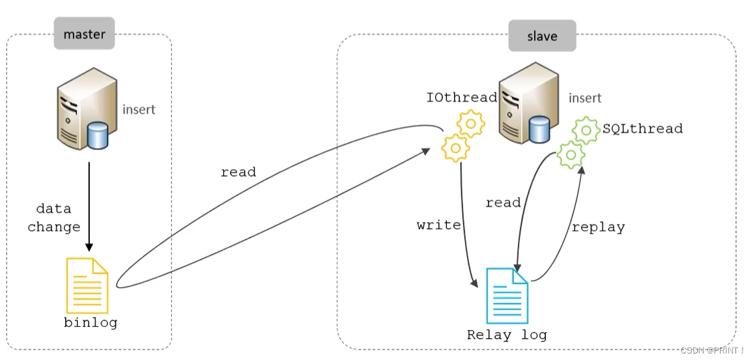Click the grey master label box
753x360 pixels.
[85, 34]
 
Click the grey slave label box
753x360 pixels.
[542, 36]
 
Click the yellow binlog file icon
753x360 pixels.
[87, 286]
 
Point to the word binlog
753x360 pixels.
[91, 323]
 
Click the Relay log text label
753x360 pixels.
[507, 335]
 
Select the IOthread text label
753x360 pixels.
[462, 98]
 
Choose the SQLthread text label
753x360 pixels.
[642, 129]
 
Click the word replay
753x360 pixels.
[598, 227]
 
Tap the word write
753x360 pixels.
[439, 225]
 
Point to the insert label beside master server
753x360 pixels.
[139, 109]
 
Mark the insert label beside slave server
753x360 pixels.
[585, 98]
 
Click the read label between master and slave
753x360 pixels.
[238, 173]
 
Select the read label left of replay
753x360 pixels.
[503, 203]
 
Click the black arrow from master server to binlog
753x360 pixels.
[89, 205]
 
